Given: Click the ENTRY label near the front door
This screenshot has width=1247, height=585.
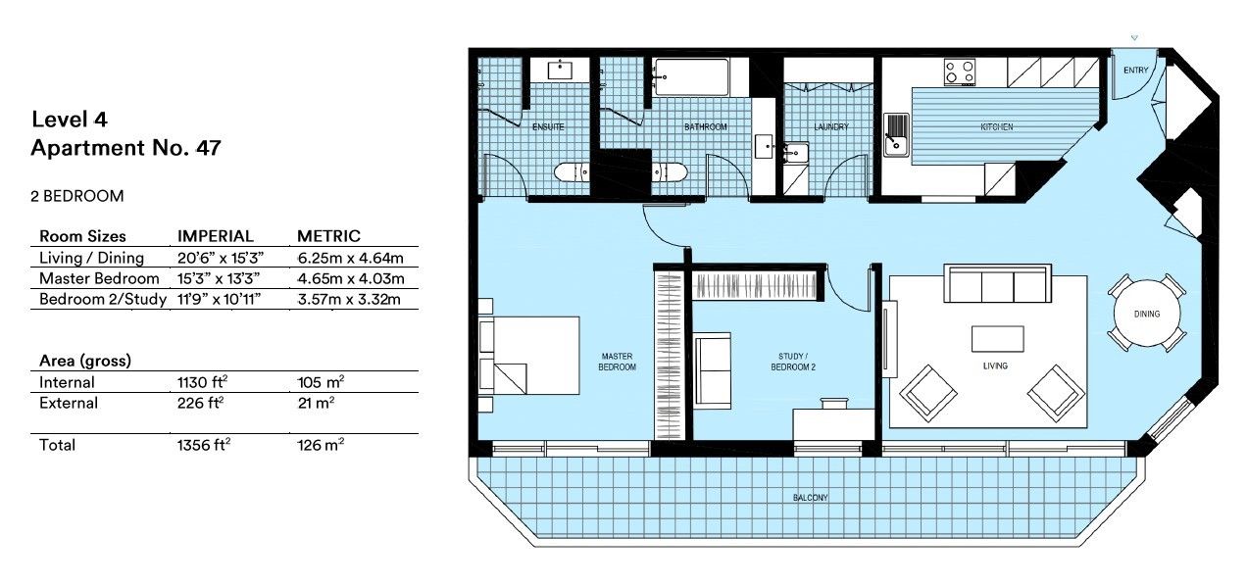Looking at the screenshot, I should pos(1135,71).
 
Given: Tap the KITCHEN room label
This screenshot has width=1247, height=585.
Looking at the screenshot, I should pos(996,127).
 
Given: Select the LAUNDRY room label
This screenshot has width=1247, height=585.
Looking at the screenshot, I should pos(830,127).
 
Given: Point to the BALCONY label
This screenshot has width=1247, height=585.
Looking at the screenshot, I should pos(811,498).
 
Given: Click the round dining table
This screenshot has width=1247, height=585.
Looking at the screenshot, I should pos(1146,314).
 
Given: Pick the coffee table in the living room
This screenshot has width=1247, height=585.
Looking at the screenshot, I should pos(997,339).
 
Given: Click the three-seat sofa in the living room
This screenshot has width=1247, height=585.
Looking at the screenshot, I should pos(996,284).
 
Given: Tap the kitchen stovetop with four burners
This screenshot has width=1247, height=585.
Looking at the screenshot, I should pos(960,72).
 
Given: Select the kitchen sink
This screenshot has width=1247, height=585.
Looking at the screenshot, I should pos(896,134).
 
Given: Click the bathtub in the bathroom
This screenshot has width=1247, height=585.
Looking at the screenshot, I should pos(692,76).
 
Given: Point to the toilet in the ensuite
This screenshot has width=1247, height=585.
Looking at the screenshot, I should pos(572,173).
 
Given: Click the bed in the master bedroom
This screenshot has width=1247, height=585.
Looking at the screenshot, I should pos(528,355).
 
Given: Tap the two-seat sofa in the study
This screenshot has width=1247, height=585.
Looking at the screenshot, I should pos(713,370).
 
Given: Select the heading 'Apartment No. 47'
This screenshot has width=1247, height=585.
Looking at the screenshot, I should pos(125,149).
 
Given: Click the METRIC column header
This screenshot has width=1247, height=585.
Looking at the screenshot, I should pos(328,236).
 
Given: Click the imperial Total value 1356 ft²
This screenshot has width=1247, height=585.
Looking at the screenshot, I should pos(203,445).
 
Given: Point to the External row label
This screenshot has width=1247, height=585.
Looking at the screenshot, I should pos(69,403).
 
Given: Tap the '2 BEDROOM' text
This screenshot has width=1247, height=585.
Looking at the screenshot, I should pos(77,196).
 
